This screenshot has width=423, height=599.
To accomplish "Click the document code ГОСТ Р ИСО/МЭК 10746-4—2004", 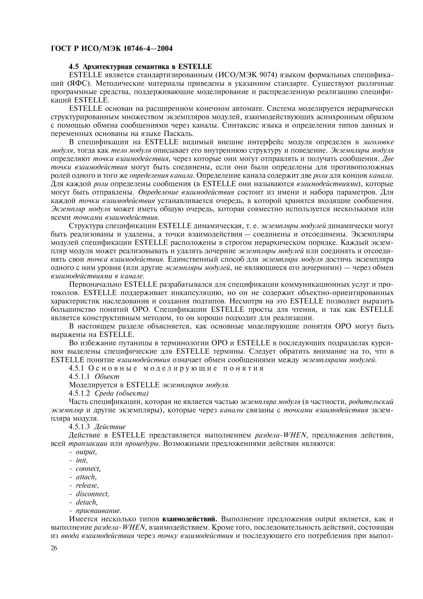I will click(x=112, y=48).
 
